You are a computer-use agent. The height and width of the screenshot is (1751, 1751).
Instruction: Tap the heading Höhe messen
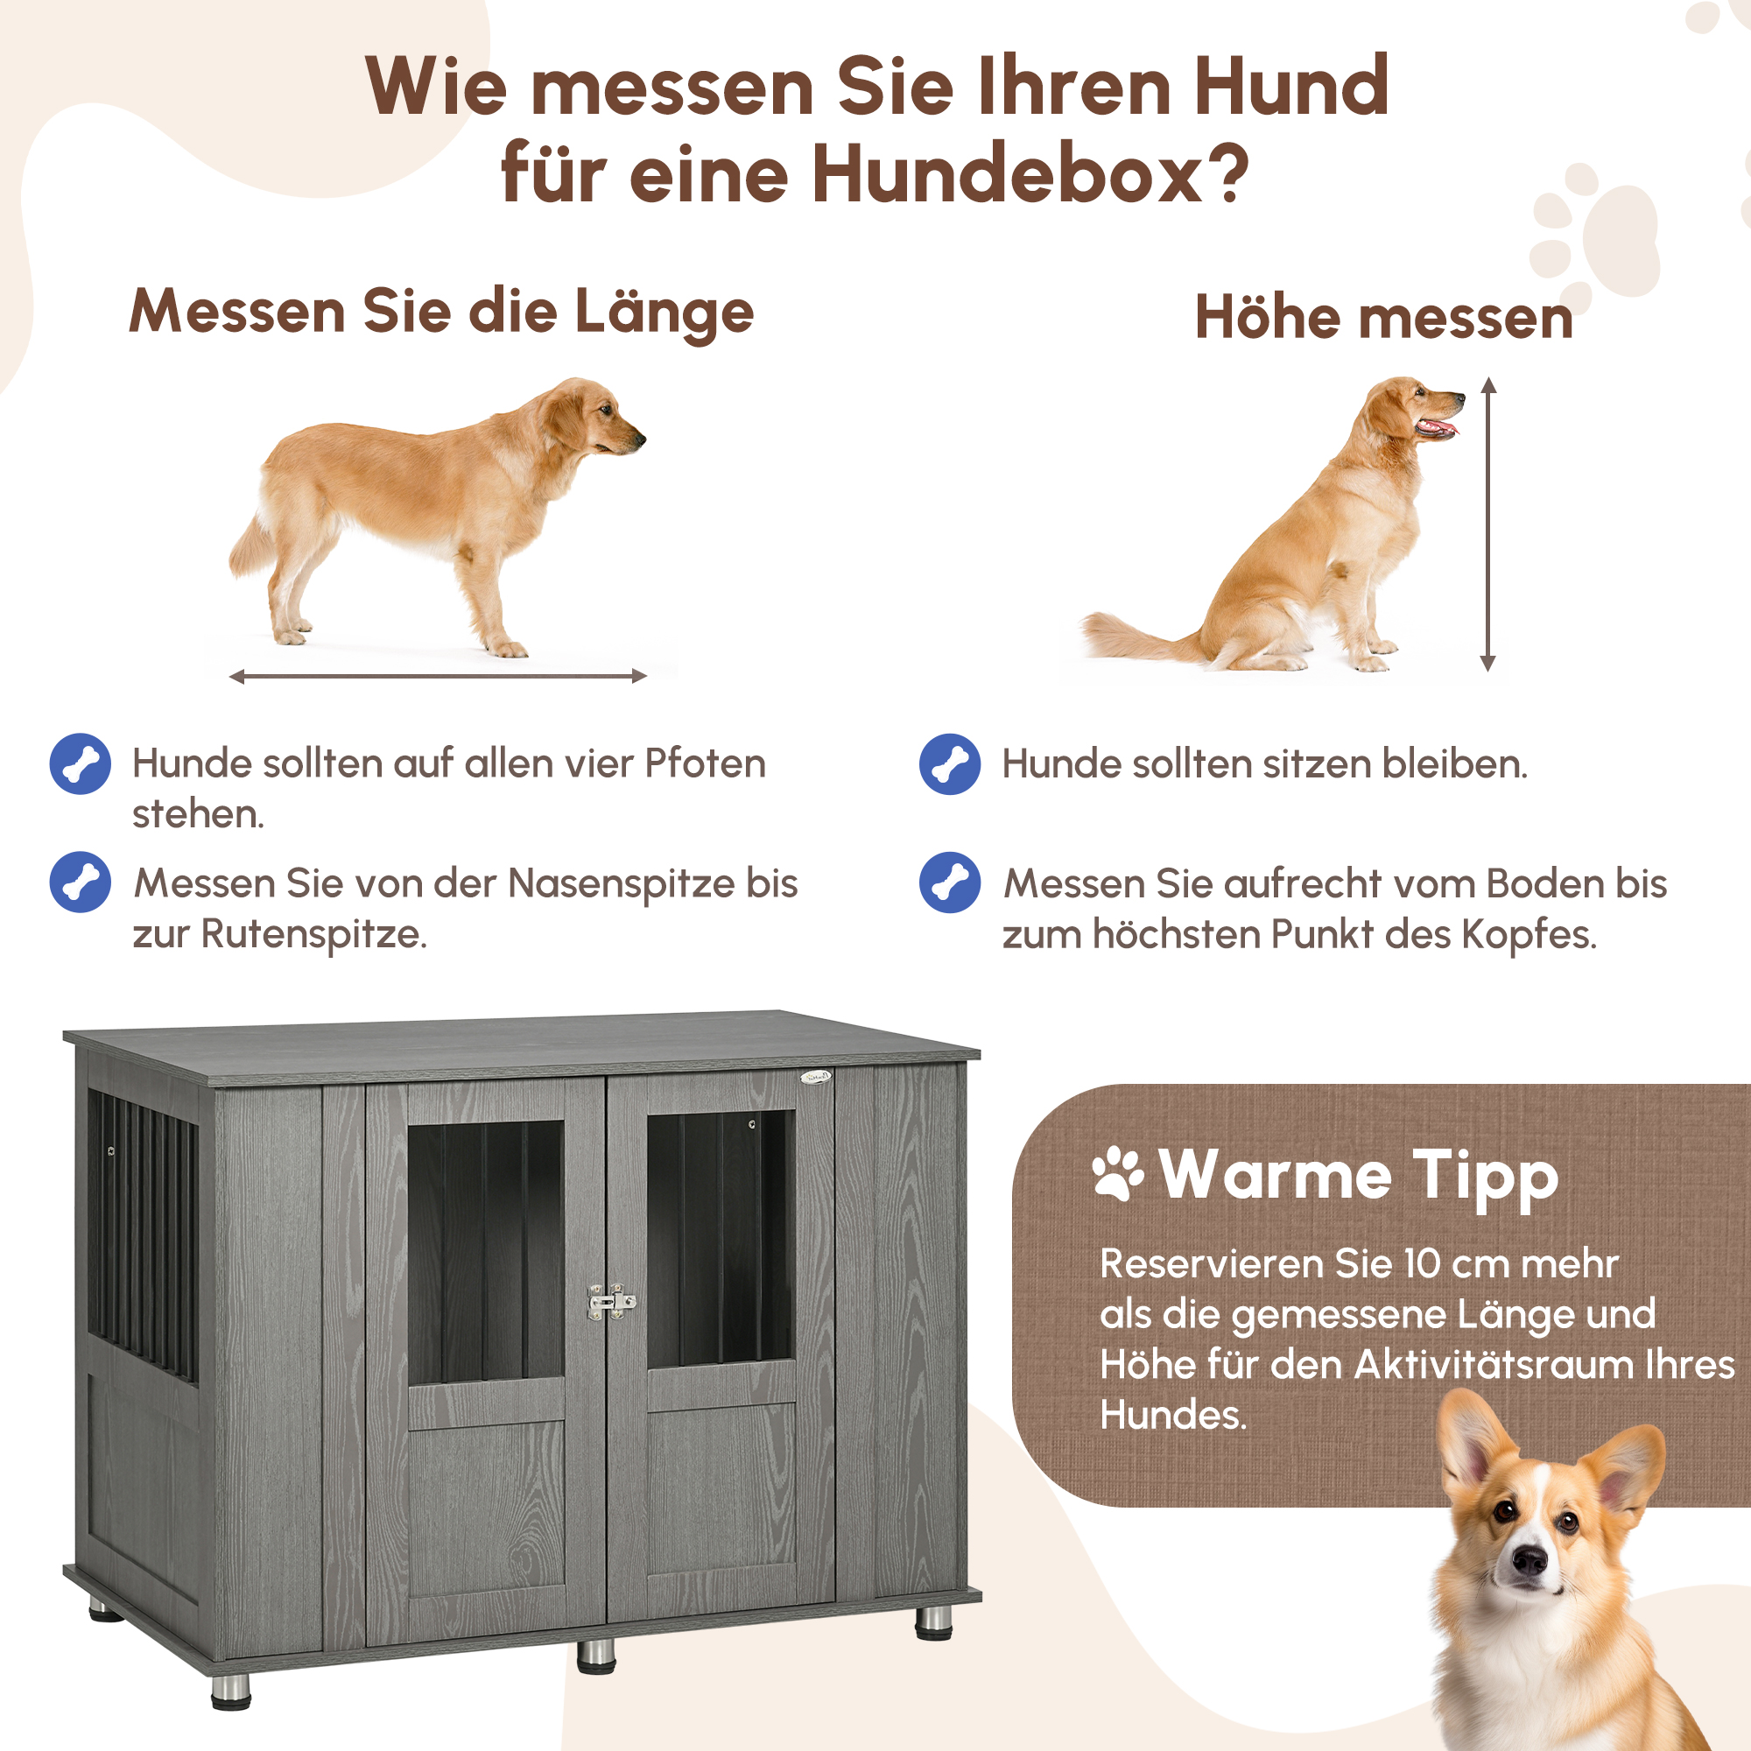[x=1383, y=318]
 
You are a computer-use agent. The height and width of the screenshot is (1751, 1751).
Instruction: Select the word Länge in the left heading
[x=664, y=312]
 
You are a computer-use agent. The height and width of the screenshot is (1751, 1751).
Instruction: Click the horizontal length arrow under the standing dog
[x=438, y=676]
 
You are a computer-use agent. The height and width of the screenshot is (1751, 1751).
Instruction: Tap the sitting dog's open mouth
[x=1438, y=427]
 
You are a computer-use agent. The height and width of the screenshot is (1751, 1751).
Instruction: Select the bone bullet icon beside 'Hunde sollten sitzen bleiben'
[x=949, y=764]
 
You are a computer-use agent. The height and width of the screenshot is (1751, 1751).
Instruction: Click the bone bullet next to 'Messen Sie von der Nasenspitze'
[x=81, y=882]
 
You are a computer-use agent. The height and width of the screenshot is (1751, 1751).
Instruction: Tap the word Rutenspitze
[x=313, y=934]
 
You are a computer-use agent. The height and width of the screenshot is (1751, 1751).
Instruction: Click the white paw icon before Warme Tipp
[x=1117, y=1175]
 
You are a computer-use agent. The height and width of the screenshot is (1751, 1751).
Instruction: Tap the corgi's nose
[x=1530, y=1559]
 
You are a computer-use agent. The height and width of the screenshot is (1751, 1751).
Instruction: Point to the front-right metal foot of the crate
[x=933, y=1623]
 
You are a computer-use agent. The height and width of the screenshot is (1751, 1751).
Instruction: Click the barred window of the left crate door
[x=486, y=1252]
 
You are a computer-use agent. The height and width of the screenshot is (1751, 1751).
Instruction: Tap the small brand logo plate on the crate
[x=815, y=1077]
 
